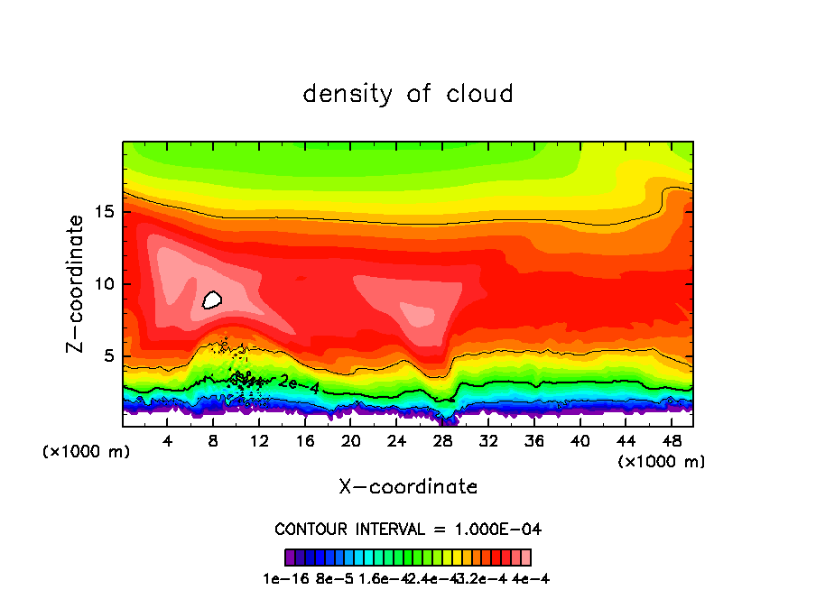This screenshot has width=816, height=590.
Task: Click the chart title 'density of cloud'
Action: pos(408,94)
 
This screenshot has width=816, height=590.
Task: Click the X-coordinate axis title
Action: pos(408,487)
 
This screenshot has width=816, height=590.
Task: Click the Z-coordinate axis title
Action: pos(76,283)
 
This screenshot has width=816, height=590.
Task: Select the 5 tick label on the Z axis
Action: pos(109,356)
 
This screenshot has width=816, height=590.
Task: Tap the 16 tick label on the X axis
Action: pos(305,441)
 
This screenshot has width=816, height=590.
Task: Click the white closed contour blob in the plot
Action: pos(212,300)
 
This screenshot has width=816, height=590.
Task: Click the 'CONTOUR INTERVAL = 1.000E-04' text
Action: pos(408,529)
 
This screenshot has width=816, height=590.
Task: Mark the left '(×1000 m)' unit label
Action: pos(87,452)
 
